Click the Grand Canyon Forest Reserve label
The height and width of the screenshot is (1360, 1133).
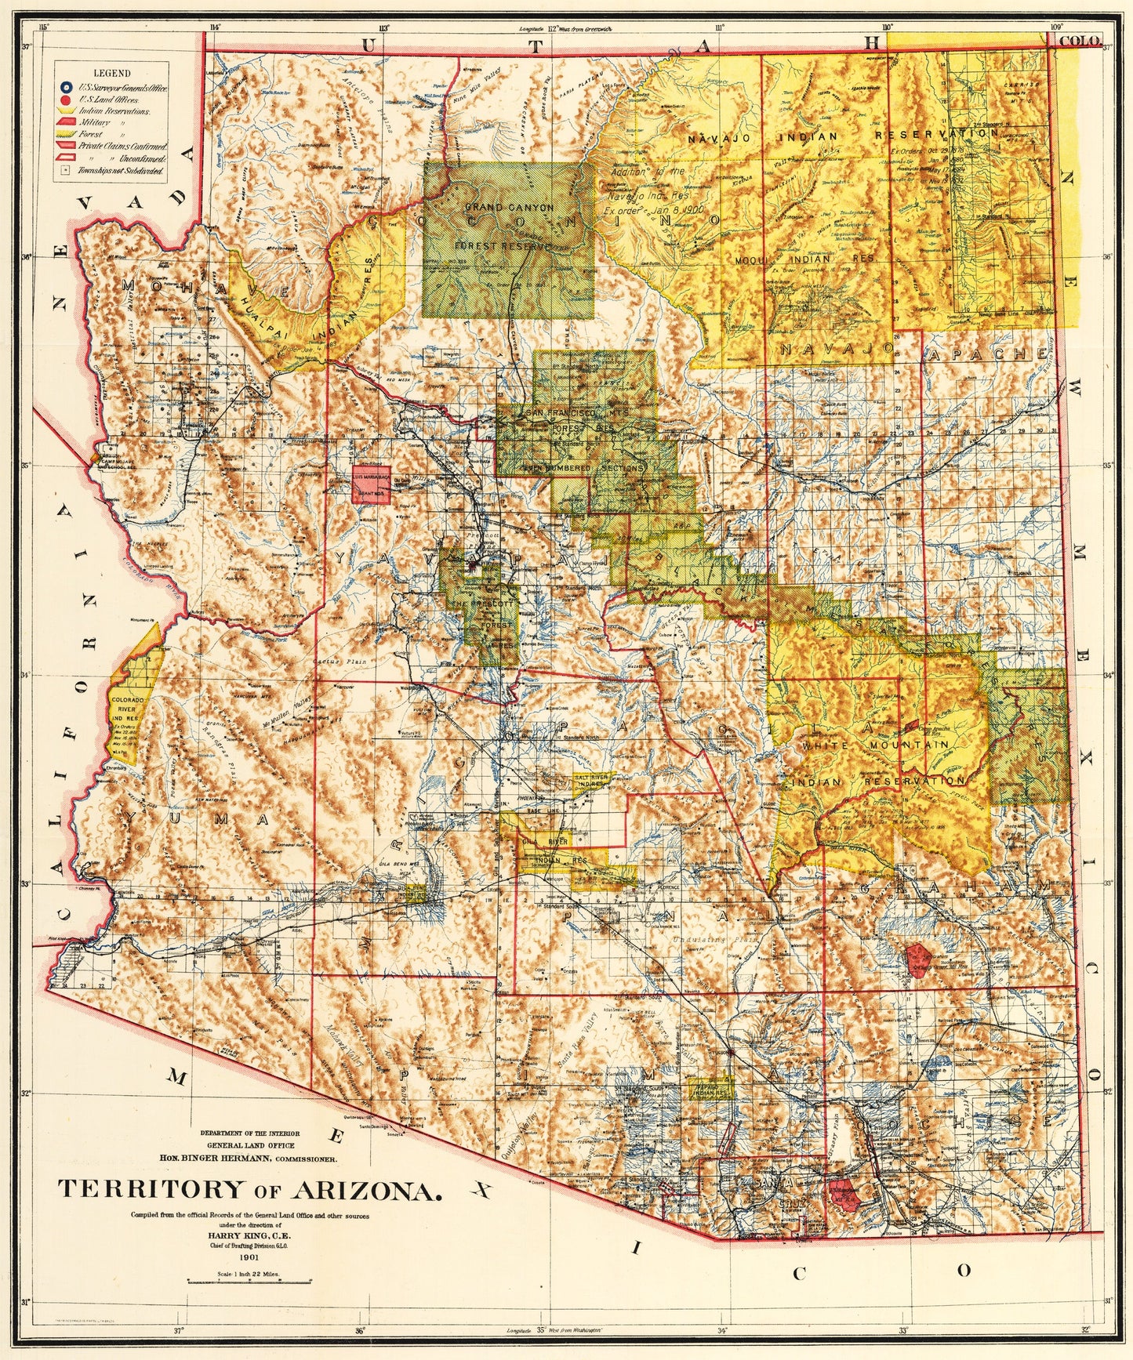pyautogui.click(x=509, y=227)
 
